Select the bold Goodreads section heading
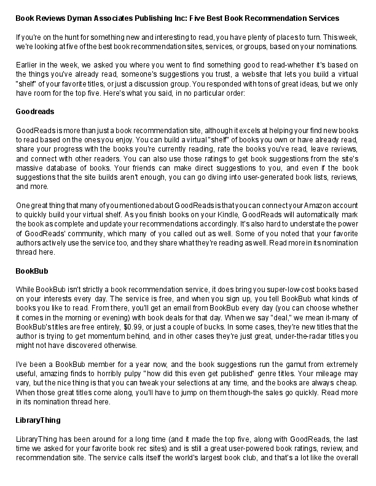pyautogui.click(x=35, y=112)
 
